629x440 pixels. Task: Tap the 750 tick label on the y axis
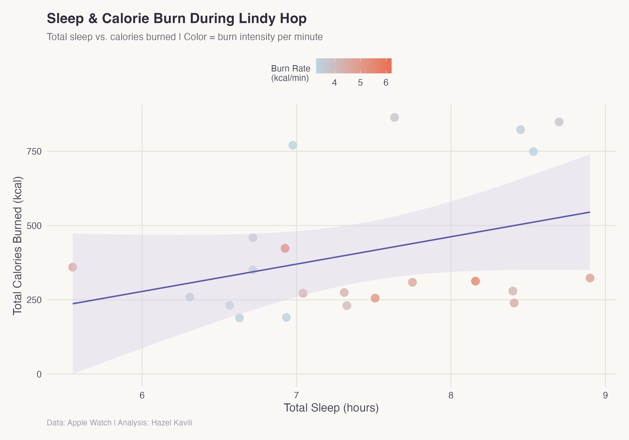[x=34, y=151]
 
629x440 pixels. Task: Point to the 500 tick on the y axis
[x=34, y=226]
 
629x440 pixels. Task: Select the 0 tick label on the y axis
[x=39, y=374]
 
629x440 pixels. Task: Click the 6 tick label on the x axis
[x=142, y=395]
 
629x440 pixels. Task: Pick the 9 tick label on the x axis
[x=605, y=395]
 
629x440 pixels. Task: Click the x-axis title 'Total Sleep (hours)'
[x=331, y=408]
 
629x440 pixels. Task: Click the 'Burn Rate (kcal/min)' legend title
[x=290, y=73]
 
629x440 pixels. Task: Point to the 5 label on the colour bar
[x=360, y=83]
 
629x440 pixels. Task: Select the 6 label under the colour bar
[x=386, y=83]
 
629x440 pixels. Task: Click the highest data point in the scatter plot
[x=394, y=118]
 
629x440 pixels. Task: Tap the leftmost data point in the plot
[x=73, y=267]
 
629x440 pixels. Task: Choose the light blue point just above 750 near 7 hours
[x=292, y=145]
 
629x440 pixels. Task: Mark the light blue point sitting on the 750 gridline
[x=533, y=152]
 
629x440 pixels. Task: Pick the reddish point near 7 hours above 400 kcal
[x=285, y=248]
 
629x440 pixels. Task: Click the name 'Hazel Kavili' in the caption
[x=172, y=423]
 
